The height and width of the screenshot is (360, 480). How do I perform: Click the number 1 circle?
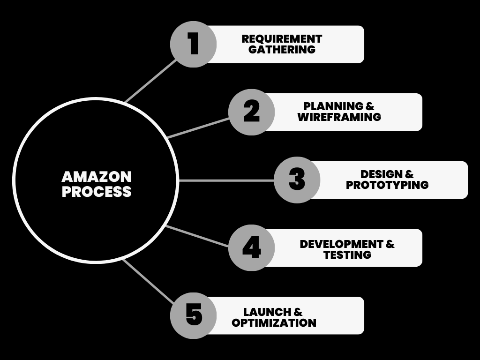[193, 45]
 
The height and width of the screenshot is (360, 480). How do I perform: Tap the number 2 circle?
[251, 112]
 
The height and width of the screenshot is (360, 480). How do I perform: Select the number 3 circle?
[297, 180]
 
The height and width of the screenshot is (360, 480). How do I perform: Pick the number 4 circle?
[251, 247]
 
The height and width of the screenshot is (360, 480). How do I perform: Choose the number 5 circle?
[193, 315]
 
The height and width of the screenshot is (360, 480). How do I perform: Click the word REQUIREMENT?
[282, 39]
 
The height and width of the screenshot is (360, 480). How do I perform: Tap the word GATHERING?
[282, 50]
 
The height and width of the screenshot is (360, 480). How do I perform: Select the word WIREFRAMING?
[339, 117]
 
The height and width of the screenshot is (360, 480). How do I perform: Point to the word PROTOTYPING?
[387, 185]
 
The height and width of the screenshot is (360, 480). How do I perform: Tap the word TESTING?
[347, 255]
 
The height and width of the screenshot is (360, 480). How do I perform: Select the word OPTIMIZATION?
[274, 323]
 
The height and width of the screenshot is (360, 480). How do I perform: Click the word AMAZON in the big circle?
[97, 177]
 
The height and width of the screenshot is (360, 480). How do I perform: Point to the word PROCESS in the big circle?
[97, 192]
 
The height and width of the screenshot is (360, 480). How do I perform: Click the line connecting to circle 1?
[151, 81]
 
